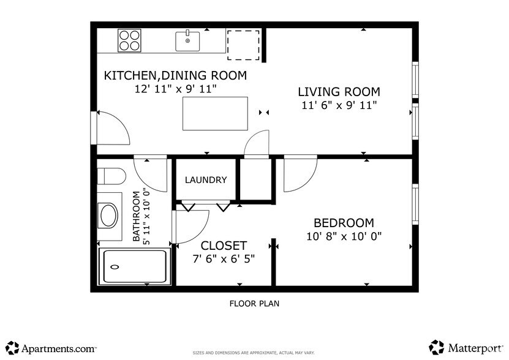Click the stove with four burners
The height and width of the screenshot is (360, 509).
point(129,40)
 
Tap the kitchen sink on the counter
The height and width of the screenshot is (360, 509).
point(188,41)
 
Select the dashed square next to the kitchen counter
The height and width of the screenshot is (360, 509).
point(243,44)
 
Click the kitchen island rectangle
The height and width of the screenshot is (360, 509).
point(215,113)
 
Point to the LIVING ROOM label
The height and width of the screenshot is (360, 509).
point(339,92)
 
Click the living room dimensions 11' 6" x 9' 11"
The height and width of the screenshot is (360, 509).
point(339,105)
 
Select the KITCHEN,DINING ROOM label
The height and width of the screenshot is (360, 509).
point(175,76)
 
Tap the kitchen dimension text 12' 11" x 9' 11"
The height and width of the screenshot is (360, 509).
point(175,89)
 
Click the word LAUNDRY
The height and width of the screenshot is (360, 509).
point(206,180)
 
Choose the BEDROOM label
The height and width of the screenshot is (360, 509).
point(344,223)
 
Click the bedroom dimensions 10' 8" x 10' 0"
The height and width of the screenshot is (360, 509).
point(344,236)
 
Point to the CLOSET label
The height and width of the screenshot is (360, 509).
point(224,246)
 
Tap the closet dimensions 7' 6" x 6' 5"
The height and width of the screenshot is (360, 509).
point(224,258)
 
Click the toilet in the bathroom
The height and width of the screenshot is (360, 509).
point(111,176)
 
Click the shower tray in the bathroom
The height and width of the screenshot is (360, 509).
point(135,267)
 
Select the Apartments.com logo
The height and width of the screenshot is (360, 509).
point(51,348)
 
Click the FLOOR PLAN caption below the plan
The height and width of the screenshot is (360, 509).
point(254,303)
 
